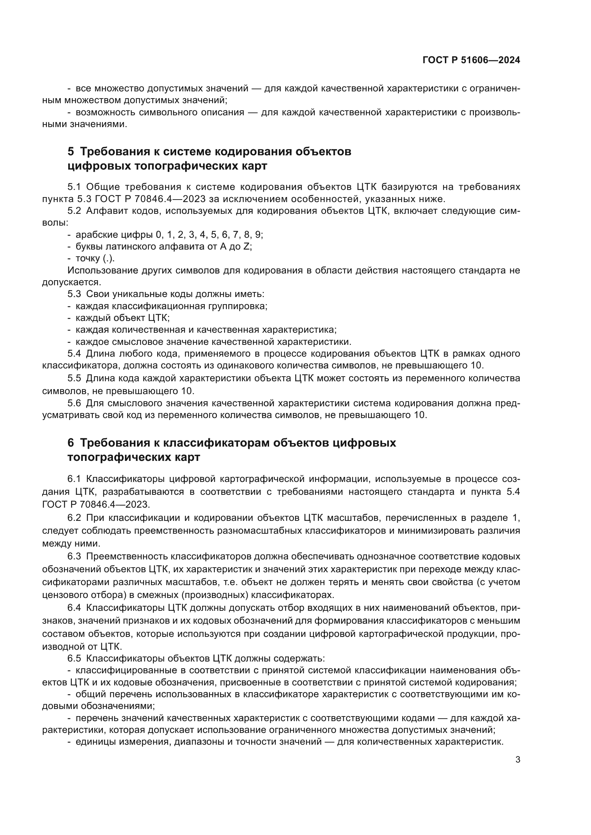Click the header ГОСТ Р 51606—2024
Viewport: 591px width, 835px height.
pyautogui.click(x=471, y=60)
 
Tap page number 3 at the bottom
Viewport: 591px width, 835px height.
pyautogui.click(x=518, y=760)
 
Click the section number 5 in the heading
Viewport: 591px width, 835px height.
pyautogui.click(x=71, y=151)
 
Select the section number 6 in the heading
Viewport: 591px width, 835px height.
pyautogui.click(x=71, y=443)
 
